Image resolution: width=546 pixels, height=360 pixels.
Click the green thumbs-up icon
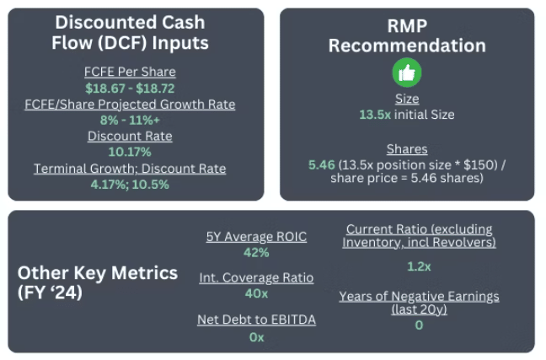(407, 73)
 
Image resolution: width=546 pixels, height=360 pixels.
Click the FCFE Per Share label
(130, 72)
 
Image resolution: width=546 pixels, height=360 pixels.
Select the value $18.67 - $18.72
(130, 89)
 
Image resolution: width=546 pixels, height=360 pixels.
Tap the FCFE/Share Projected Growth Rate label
(130, 105)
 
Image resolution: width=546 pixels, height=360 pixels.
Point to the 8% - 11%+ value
(130, 121)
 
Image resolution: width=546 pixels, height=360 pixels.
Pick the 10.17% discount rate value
(130, 152)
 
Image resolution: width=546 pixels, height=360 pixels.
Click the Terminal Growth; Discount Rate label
(130, 169)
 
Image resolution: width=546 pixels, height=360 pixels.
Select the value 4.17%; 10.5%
(130, 185)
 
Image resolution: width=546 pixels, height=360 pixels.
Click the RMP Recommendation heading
(407, 35)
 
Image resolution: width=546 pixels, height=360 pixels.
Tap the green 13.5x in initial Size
(375, 115)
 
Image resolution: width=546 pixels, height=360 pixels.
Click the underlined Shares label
(407, 149)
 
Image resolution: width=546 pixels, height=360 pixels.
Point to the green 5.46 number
(321, 165)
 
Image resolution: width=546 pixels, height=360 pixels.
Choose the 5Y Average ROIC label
(256, 237)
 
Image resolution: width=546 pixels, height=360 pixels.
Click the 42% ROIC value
(256, 252)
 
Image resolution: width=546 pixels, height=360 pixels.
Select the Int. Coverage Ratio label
(256, 277)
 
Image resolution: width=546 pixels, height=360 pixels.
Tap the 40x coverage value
(256, 293)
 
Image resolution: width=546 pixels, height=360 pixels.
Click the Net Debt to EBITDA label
(256, 320)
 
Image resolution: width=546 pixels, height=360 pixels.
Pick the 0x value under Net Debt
(256, 337)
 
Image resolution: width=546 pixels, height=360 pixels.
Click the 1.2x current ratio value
(419, 266)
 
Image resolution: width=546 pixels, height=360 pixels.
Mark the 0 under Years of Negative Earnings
(419, 325)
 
